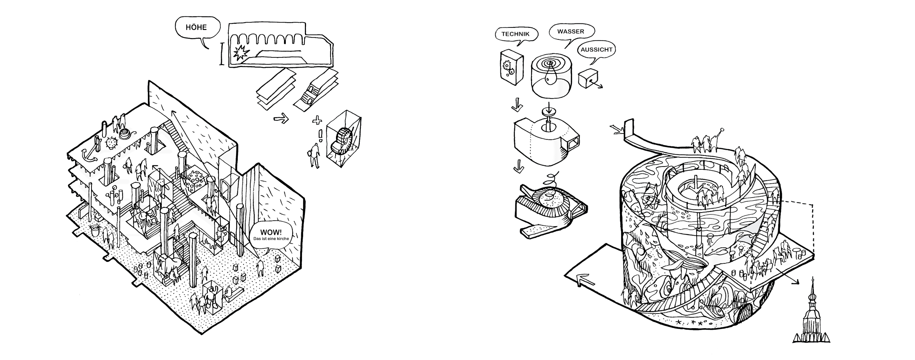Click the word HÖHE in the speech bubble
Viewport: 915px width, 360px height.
click(196, 27)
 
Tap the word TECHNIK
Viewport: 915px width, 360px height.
click(515, 34)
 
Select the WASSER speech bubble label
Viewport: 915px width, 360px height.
click(571, 31)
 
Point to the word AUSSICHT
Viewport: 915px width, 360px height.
click(597, 49)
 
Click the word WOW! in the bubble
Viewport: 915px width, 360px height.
click(271, 232)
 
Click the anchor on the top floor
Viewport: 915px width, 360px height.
click(88, 155)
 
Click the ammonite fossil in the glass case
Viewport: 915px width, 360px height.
click(342, 141)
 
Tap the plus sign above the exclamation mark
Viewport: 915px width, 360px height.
click(317, 120)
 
